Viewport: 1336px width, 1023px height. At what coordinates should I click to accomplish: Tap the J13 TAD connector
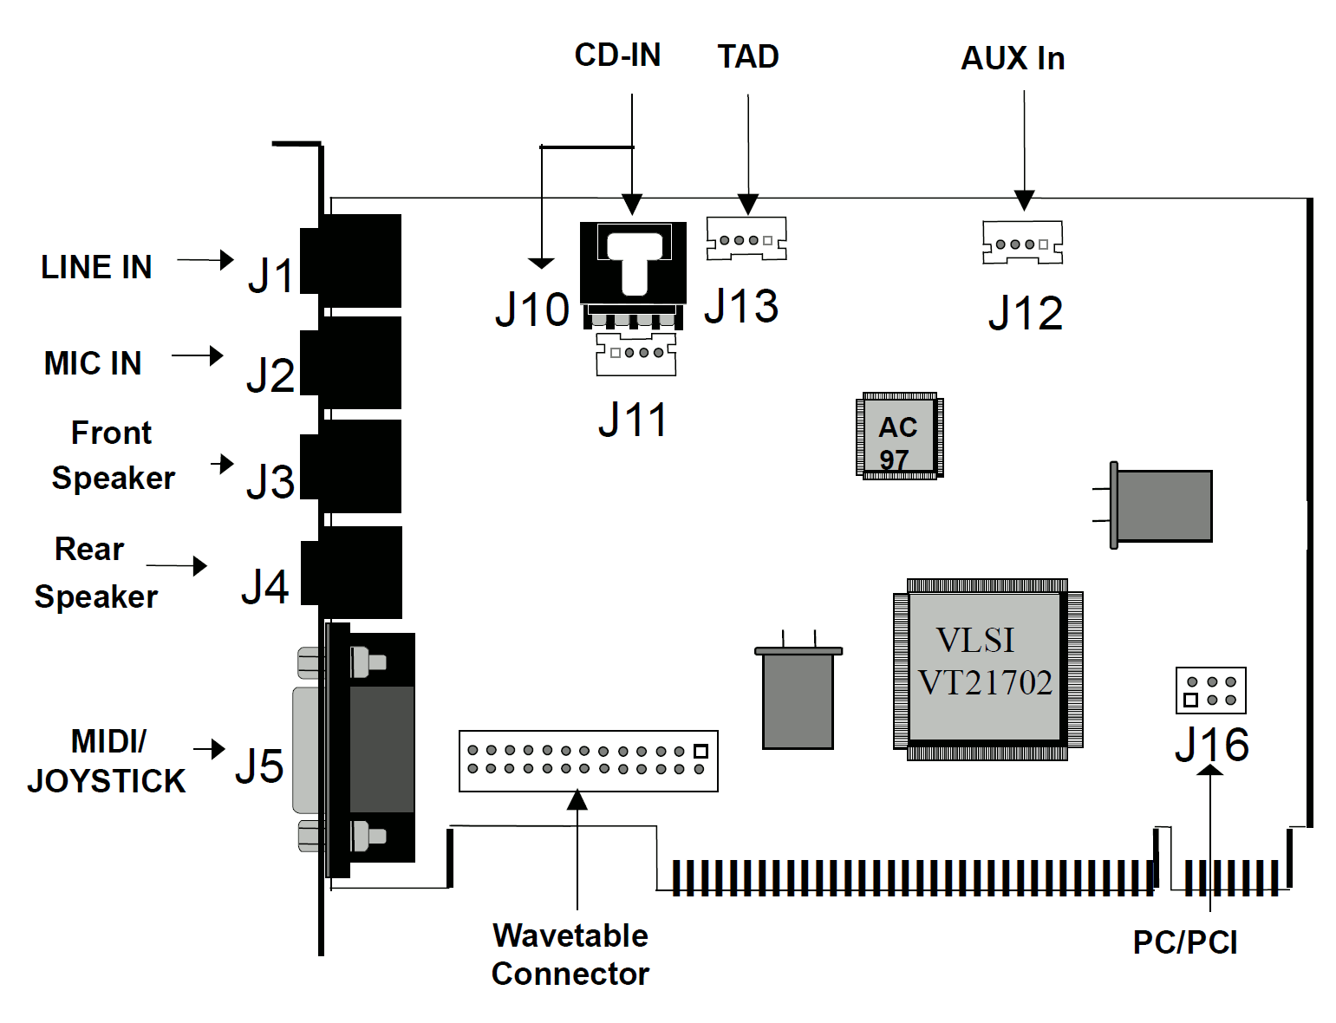[746, 238]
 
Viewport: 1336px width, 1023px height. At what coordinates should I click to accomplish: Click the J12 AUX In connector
[1022, 243]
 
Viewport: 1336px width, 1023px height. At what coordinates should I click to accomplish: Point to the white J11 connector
[635, 354]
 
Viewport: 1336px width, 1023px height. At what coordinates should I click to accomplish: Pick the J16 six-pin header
[1210, 690]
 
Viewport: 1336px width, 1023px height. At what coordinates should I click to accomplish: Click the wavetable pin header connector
[588, 760]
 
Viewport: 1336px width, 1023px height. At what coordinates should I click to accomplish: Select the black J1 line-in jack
[352, 261]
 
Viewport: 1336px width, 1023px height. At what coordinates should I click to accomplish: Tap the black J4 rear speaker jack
[352, 572]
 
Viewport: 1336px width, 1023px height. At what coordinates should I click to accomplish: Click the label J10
[531, 310]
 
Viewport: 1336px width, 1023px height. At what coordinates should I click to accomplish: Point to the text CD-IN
[617, 55]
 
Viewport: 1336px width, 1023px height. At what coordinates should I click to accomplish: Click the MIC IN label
[93, 363]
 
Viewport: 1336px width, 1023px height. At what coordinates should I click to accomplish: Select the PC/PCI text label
[1185, 942]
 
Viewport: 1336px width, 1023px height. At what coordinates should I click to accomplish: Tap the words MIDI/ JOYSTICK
[107, 761]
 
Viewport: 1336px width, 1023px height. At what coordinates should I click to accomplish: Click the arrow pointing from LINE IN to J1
[205, 259]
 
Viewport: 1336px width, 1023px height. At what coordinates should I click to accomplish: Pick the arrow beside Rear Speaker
[177, 566]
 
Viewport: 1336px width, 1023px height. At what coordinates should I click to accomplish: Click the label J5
[259, 766]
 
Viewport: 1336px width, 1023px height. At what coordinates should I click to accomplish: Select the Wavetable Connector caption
[570, 955]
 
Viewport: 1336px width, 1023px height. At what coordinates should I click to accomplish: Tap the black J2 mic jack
[352, 363]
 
